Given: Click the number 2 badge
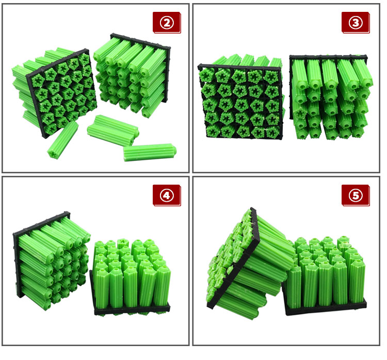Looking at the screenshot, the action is coord(167,23).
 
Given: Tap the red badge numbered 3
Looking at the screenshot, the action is coord(356,23).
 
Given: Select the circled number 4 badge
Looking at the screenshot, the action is coord(167,195).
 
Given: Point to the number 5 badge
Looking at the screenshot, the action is coord(356,195).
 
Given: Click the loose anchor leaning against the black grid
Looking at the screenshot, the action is coord(62,140).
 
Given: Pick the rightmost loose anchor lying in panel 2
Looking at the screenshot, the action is coord(150,152).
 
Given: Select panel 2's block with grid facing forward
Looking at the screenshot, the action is coord(55,92).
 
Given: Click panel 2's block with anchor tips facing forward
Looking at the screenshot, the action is coord(132,75).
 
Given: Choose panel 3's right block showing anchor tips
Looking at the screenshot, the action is coord(331,97).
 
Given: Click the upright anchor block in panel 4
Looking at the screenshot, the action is coord(132,277).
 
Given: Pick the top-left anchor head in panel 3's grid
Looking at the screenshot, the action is coord(207,74).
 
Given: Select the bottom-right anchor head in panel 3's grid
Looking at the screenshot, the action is coord(272,132).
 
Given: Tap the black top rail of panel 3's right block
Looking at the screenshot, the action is coord(328,58).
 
